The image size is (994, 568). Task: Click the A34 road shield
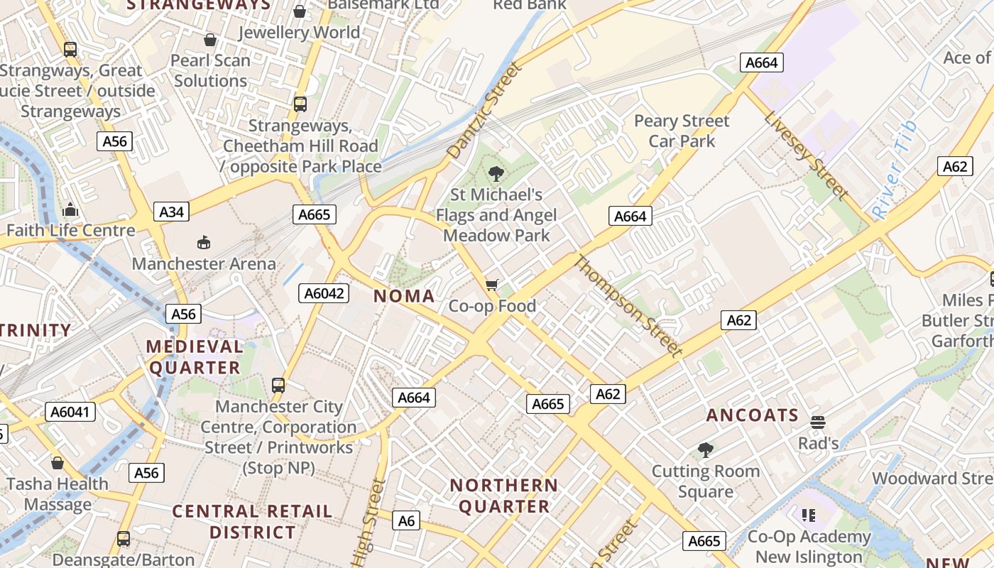pyautogui.click(x=171, y=212)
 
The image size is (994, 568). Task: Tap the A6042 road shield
pyautogui.click(x=323, y=293)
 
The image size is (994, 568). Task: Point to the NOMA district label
pyautogui.click(x=404, y=296)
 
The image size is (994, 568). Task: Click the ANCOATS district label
pyautogui.click(x=753, y=415)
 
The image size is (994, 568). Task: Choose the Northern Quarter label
pyautogui.click(x=504, y=496)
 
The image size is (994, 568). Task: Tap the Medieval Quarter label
pyautogui.click(x=195, y=357)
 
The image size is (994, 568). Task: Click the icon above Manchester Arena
pyautogui.click(x=204, y=243)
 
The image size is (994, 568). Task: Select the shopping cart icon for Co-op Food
pyautogui.click(x=492, y=285)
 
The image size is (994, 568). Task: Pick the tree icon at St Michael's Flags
pyautogui.click(x=496, y=173)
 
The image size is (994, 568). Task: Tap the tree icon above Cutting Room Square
pyautogui.click(x=705, y=449)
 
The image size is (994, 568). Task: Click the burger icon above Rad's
pyautogui.click(x=818, y=422)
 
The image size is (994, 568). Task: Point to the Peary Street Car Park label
pyautogui.click(x=682, y=131)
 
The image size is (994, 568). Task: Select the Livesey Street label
pyautogui.click(x=807, y=154)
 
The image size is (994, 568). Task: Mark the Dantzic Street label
pyautogui.click(x=484, y=110)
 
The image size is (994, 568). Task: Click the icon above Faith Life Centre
pyautogui.click(x=70, y=210)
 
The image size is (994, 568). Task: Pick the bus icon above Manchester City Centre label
pyautogui.click(x=278, y=386)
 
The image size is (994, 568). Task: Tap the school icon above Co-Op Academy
pyautogui.click(x=808, y=515)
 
